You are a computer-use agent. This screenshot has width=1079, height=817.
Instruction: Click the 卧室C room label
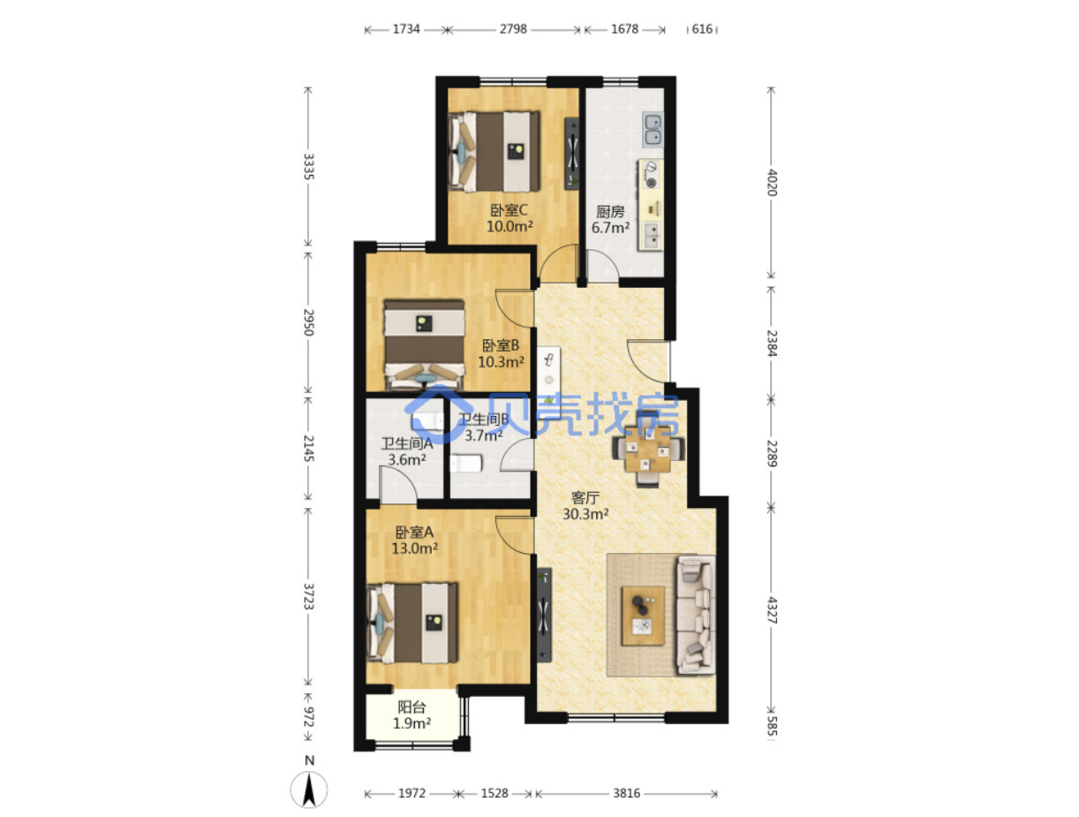(x=509, y=210)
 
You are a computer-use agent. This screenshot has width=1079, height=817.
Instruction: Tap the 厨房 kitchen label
(x=609, y=212)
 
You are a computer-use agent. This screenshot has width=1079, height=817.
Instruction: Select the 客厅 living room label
(x=585, y=498)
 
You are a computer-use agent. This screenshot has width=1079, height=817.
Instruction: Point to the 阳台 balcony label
(x=411, y=707)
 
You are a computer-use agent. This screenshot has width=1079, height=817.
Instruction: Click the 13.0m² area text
(x=414, y=548)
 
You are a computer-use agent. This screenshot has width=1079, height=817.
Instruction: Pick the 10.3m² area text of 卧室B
(x=501, y=362)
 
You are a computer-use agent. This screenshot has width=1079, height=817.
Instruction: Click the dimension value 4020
(x=772, y=182)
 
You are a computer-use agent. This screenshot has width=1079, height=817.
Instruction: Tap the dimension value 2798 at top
(x=513, y=29)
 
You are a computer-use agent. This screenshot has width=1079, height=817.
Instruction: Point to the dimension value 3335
(x=308, y=166)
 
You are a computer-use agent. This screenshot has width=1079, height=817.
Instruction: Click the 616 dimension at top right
(x=701, y=29)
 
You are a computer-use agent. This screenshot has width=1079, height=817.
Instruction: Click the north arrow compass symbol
(x=308, y=790)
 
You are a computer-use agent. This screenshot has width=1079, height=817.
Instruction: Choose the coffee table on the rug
(x=643, y=616)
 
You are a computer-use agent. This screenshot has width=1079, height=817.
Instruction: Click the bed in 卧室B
(x=424, y=344)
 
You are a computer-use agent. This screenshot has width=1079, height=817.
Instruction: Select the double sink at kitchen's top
(x=653, y=129)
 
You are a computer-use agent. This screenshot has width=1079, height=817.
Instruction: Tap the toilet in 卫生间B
(x=465, y=463)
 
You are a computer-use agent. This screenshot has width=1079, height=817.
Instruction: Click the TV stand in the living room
(x=544, y=615)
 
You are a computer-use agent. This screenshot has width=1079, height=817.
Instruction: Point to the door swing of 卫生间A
(x=398, y=484)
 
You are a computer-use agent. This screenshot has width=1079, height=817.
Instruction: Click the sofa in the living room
(x=696, y=615)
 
